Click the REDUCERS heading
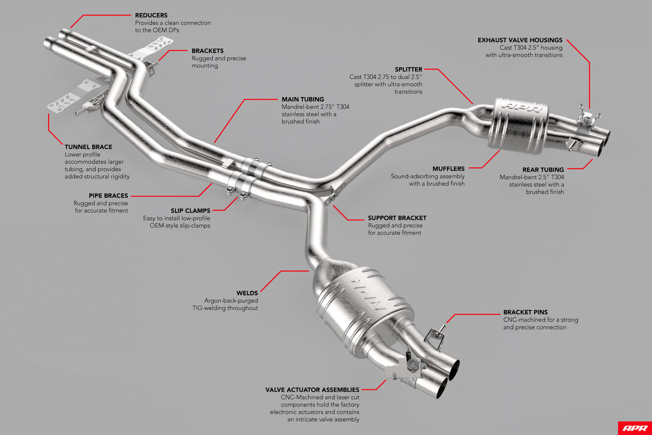pos(151,15)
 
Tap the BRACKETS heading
pos(208,51)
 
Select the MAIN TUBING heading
pos(303,99)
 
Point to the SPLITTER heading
pos(408,70)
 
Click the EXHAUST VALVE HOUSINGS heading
pos(520,40)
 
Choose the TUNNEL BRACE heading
pos(88,147)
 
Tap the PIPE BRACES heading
pos(108,196)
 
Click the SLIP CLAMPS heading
pos(190,210)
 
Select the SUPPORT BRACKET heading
pos(397,218)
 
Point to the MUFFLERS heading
pos(448,168)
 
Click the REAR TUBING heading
pos(543,169)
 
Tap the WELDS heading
pos(247,293)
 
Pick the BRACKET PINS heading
pos(525,312)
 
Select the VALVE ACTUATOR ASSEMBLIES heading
pos(312,390)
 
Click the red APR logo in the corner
pos(635,428)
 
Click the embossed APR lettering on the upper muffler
pos(523,107)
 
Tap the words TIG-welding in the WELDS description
pos(209,308)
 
